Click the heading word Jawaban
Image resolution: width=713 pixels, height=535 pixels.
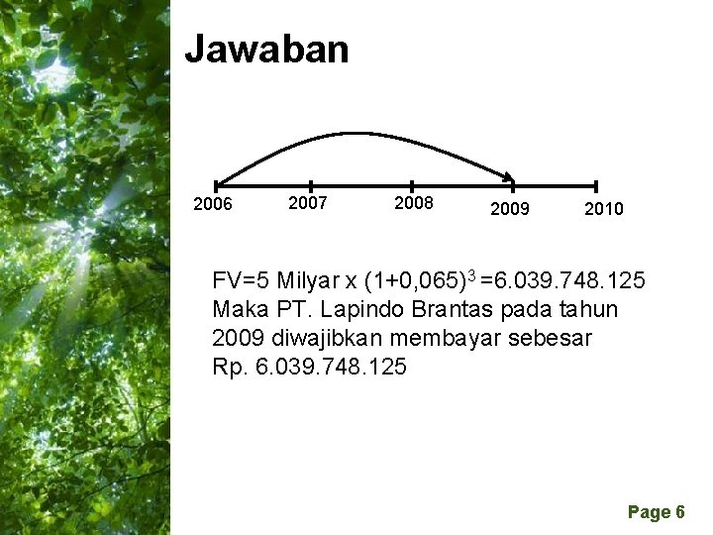click(267, 49)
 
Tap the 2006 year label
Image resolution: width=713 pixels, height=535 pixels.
click(213, 205)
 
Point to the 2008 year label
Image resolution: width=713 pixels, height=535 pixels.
click(413, 203)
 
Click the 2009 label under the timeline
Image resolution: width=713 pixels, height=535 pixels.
click(510, 209)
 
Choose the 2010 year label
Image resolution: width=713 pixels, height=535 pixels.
click(603, 209)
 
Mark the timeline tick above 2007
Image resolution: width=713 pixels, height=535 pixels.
click(312, 185)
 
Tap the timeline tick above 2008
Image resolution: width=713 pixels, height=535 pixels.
click(411, 185)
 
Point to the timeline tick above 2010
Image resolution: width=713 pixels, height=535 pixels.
click(596, 185)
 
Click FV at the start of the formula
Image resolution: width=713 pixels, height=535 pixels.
click(226, 281)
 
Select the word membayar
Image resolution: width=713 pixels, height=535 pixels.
click(438, 338)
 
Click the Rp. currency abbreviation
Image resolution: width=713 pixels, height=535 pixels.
click(228, 367)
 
